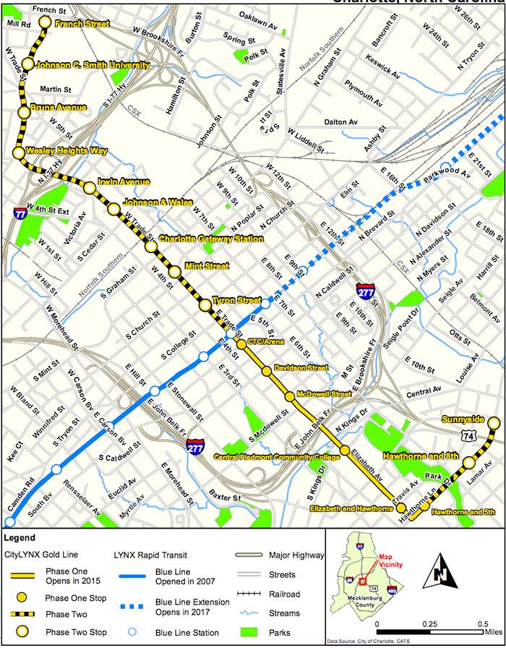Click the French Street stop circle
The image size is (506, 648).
tap(45, 22)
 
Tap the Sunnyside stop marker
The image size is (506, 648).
tap(494, 423)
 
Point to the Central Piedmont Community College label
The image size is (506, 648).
tap(277, 457)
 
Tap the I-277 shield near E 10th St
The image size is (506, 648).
tap(364, 291)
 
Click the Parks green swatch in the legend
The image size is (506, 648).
tap(249, 633)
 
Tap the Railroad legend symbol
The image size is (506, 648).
tap(249, 594)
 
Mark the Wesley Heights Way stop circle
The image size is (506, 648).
tap(19, 153)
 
